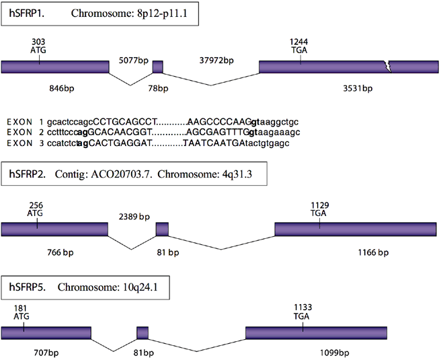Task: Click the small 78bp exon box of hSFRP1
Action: click(157, 67)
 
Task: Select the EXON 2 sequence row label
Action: click(24, 133)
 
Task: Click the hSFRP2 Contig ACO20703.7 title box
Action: click(135, 174)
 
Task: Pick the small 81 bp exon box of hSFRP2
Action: click(162, 229)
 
